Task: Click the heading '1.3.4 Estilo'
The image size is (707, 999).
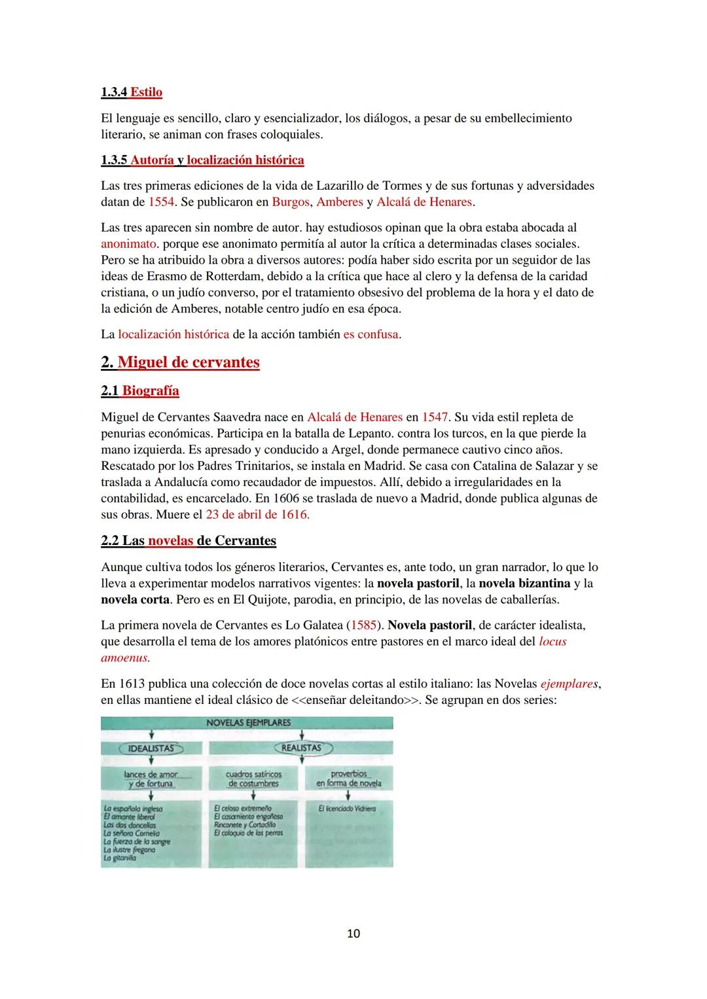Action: coord(132,92)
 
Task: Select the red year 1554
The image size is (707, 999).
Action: coord(161,202)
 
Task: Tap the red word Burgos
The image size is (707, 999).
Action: coord(291,202)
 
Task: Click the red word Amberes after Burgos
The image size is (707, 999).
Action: coord(339,202)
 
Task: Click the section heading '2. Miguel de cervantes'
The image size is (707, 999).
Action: coord(180,362)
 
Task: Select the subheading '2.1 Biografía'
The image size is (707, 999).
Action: coord(140,391)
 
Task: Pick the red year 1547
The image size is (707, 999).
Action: coord(435,417)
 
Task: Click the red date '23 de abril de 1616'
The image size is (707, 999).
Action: coord(257,514)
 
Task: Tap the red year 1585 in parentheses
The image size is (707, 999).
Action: coord(363,625)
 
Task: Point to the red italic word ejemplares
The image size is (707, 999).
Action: coord(569,684)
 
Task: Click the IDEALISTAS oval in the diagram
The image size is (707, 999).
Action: coord(151,748)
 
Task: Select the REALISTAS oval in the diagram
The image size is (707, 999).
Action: coord(302,748)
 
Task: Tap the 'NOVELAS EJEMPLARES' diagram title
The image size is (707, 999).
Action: coord(248,723)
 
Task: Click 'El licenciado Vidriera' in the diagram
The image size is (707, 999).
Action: coord(346,809)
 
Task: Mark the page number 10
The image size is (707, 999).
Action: coord(353,933)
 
